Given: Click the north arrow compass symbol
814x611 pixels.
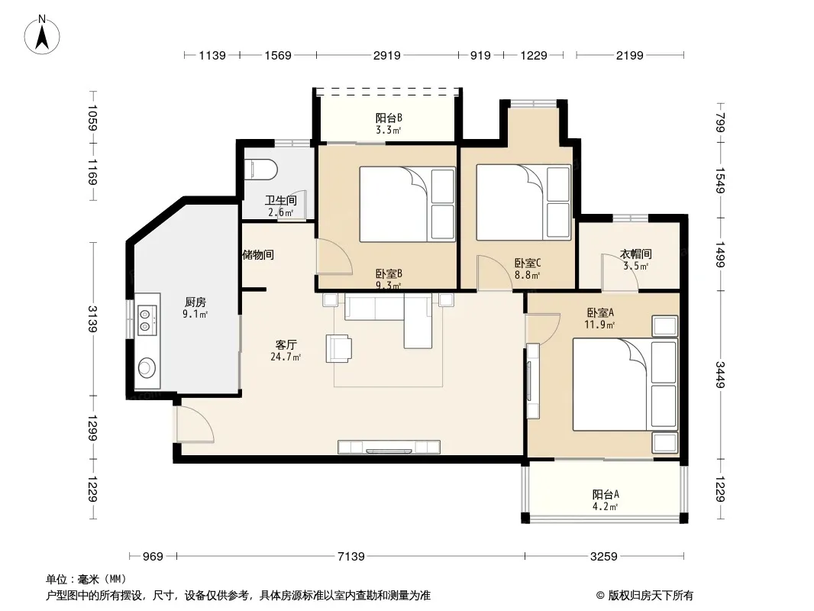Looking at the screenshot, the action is coord(42,35).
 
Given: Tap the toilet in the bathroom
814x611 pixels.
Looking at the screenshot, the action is coord(260,170).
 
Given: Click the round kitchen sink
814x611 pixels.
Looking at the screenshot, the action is coord(147,367).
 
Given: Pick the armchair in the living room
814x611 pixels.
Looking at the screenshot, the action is coord(338,348).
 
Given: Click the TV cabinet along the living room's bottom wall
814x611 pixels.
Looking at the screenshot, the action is coord(389,447).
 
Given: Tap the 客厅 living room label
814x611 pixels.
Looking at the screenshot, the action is coord(286,344).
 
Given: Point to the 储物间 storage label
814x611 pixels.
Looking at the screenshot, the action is coord(258,255).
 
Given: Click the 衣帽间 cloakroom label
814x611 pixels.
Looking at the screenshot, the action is coord(636,254).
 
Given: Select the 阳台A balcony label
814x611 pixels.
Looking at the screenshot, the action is coord(606,495).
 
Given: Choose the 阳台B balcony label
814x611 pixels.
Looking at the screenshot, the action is coord(389,118).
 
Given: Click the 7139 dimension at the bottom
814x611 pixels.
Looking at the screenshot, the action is coord(351,557).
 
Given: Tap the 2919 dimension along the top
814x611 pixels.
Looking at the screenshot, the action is coord(386,55).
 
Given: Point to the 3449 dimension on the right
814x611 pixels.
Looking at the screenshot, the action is coord(719,374).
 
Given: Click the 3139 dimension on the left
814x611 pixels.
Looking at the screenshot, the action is coord(92,318).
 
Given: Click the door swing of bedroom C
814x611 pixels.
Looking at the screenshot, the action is coord(496,273).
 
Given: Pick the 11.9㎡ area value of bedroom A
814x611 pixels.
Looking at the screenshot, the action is coord(600,325).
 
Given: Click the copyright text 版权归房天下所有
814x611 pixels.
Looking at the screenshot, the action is coord(651,596).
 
